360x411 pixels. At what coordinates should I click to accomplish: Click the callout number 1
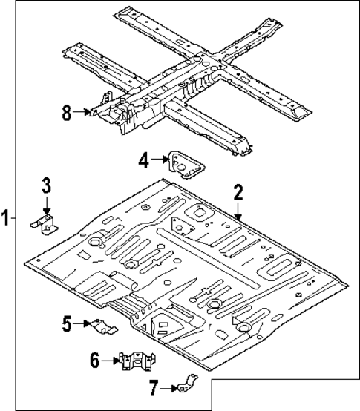[x=6, y=219]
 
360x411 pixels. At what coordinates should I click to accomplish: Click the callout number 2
[x=238, y=193]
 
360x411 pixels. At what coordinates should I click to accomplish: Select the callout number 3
[x=46, y=185]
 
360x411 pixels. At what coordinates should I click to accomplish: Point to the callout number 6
[x=94, y=361]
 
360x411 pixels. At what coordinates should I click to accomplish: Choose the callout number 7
[x=153, y=387]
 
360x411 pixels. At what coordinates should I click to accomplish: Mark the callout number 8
[x=67, y=113]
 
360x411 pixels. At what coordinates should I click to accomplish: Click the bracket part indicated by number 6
[x=135, y=362]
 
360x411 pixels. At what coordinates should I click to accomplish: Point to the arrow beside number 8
[x=85, y=113]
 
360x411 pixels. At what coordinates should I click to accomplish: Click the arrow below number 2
[x=238, y=211]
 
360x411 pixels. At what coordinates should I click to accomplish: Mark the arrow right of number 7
[x=168, y=387]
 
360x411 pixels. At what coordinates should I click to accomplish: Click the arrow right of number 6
[x=111, y=361]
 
